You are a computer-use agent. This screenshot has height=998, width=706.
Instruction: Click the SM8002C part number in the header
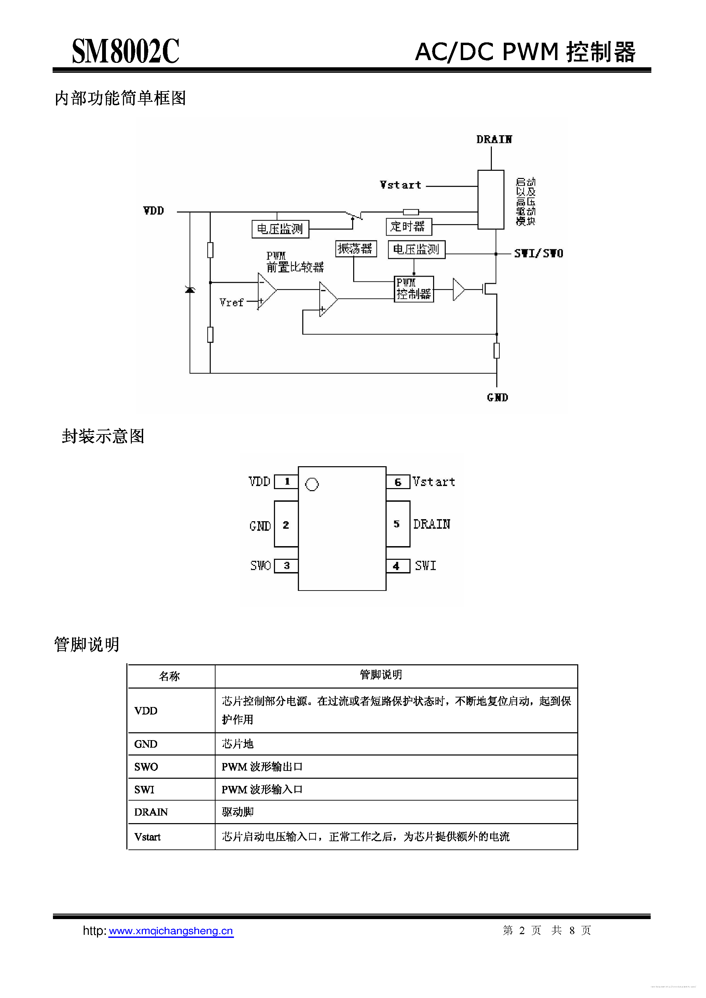125,51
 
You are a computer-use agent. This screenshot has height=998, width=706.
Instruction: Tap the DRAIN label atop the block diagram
494,140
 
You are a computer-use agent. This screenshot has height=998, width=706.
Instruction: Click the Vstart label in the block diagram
400,185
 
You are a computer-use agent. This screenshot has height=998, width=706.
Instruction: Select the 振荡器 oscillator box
356,249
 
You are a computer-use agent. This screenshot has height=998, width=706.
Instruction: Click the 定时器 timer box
408,226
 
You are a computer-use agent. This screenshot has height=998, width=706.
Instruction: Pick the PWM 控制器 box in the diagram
413,289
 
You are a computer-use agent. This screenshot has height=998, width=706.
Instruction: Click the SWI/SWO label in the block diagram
539,253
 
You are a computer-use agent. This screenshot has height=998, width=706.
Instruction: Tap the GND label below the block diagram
497,397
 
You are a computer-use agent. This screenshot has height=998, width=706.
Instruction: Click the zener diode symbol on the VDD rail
190,290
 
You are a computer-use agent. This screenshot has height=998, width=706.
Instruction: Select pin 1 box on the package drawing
286,482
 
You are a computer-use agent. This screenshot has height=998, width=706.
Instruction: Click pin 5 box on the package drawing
397,524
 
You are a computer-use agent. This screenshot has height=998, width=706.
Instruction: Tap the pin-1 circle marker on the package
312,484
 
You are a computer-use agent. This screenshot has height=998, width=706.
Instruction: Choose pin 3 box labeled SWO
286,566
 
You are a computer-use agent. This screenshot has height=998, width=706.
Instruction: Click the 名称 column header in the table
169,676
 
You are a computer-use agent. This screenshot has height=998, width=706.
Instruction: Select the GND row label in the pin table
146,744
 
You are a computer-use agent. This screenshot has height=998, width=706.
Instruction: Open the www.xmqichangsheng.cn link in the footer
171,931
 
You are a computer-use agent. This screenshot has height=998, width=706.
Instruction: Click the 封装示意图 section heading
103,436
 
